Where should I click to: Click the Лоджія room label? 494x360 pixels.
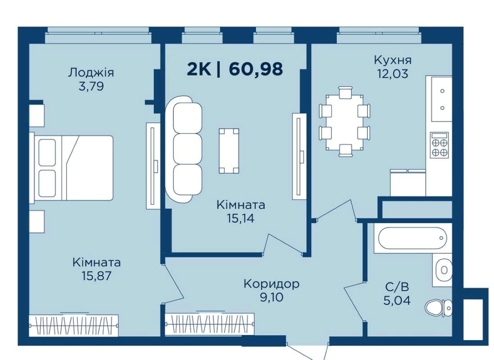91,73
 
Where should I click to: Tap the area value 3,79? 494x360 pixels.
91,86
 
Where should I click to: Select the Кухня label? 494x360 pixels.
393,60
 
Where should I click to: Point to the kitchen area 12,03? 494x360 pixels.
393,74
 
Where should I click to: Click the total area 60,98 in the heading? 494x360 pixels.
256,69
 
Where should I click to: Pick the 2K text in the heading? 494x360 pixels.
199,69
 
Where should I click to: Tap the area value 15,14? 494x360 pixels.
241,218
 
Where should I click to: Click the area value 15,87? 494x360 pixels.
96,276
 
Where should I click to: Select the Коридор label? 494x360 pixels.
272,284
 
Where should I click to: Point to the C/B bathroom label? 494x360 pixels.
397,287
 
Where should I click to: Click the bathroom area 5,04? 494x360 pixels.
397,301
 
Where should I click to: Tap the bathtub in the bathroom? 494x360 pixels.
412,238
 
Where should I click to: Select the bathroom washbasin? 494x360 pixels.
443,270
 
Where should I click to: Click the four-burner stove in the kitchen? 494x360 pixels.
440,145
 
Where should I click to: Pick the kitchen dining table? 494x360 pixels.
345,122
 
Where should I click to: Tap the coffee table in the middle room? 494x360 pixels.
229,151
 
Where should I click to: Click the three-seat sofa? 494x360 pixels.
184,149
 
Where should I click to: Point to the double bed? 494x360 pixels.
72,168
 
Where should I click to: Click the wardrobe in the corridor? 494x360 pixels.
210,324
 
